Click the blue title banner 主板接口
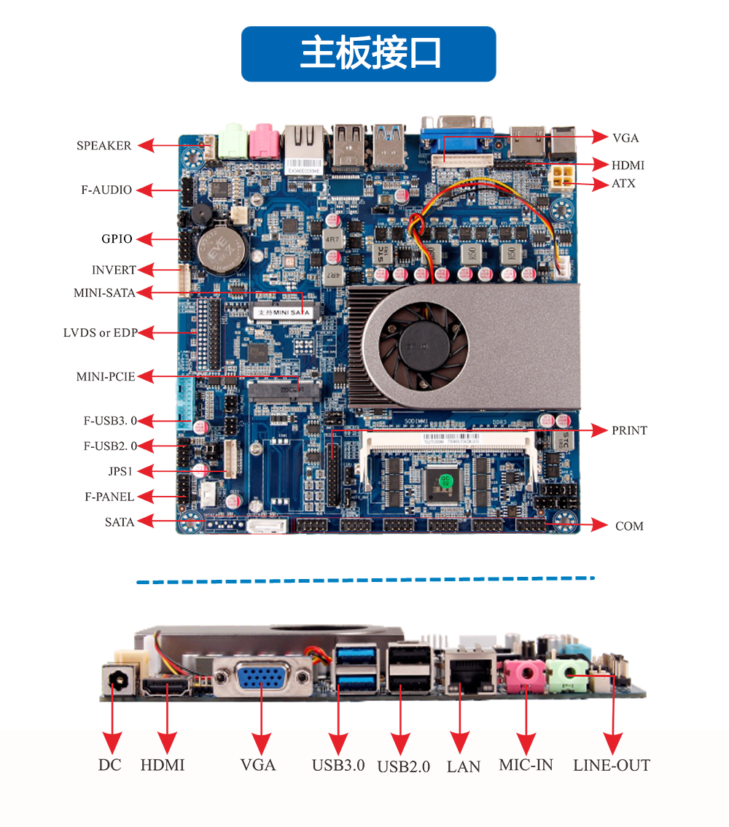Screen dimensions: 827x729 tap(368, 54)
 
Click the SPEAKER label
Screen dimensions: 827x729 tap(104, 146)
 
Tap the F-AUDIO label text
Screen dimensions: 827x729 tap(106, 190)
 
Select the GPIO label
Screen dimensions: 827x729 tap(117, 239)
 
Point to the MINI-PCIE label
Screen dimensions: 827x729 tap(106, 377)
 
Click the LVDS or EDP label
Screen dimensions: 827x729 tap(100, 333)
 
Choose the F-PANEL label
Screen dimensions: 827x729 tap(109, 497)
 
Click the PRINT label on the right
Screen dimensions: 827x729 tap(629, 430)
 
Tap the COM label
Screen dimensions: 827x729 tap(629, 526)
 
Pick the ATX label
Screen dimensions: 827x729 tap(623, 184)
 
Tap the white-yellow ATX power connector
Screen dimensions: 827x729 tap(562, 176)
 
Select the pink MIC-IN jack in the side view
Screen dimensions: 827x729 tap(526, 675)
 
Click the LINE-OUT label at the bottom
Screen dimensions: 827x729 tap(611, 766)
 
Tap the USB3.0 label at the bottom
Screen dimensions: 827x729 tap(338, 766)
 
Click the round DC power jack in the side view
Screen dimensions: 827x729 tap(115, 681)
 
